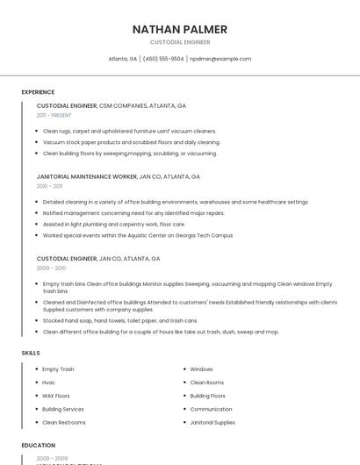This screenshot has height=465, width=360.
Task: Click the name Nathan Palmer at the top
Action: [x=179, y=29]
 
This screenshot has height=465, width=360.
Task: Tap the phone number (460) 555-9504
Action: [x=163, y=59]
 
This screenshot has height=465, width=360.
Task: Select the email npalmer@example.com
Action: [x=220, y=59]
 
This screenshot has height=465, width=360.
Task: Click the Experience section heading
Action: [x=38, y=92]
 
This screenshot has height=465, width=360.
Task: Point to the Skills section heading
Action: [x=31, y=353]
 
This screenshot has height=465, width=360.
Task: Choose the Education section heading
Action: [x=38, y=446]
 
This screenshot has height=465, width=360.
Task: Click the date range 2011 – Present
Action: [x=54, y=115]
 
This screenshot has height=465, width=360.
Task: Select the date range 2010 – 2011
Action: [x=49, y=186]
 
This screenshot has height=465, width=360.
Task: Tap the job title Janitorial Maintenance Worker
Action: [x=87, y=176]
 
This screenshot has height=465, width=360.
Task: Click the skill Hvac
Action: [x=49, y=383]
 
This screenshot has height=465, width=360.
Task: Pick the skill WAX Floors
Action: [x=55, y=396]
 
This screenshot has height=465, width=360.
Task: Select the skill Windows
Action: [x=201, y=369]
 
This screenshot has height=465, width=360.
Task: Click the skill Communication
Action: [x=211, y=409]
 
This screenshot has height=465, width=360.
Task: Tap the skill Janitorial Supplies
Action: [x=212, y=422]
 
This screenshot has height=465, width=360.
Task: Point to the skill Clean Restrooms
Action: [x=63, y=422]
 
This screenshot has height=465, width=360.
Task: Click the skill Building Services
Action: [x=62, y=409]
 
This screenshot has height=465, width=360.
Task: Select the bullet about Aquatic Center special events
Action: [x=137, y=235]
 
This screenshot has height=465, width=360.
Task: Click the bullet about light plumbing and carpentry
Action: [x=113, y=224]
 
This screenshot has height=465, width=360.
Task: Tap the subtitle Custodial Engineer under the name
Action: [x=179, y=42]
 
